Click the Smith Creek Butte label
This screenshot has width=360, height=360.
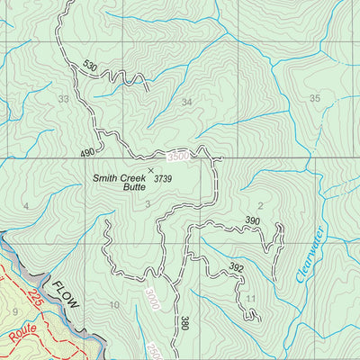tap(120, 183)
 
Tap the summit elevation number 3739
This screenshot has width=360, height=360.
tap(163, 179)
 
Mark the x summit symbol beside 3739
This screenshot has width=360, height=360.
tap(150, 169)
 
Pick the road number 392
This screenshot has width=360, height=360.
tap(236, 267)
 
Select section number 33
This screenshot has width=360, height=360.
tap(63, 99)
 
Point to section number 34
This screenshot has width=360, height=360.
tap(186, 102)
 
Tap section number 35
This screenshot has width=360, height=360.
tap(314, 98)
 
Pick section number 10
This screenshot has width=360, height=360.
tap(113, 305)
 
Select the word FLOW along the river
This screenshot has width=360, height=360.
tap(66, 292)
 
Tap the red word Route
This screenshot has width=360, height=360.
tap(27, 341)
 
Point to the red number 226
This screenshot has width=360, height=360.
tap(35, 298)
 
